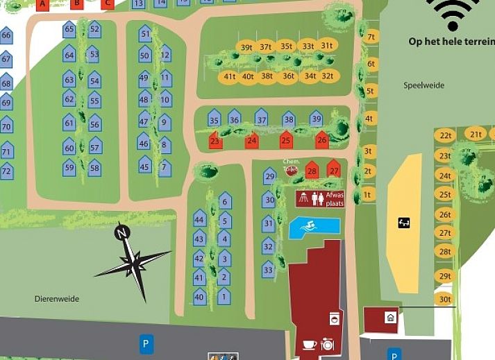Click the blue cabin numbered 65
pyautogui.click(x=69, y=29)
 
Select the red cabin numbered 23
pyautogui.click(x=215, y=141)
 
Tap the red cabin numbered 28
pyautogui.click(x=312, y=171)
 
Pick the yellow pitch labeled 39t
pyautogui.click(x=246, y=47)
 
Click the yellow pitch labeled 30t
pyautogui.click(x=445, y=300)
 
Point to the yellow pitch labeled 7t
pyautogui.click(x=371, y=37)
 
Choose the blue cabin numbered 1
pyautogui.click(x=223, y=296)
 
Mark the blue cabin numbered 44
pyautogui.click(x=200, y=220)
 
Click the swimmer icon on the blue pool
pyautogui.click(x=305, y=225)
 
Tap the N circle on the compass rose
pyautogui.click(x=122, y=233)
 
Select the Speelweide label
pyautogui.click(x=423, y=85)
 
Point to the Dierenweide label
pyautogui.click(x=57, y=299)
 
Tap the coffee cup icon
pyautogui.click(x=309, y=344)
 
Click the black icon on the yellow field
pyautogui.click(x=404, y=223)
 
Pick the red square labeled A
pyautogui.click(x=42, y=3)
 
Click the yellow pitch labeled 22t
pyautogui.click(x=445, y=136)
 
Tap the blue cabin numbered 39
pyautogui.click(x=316, y=119)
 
